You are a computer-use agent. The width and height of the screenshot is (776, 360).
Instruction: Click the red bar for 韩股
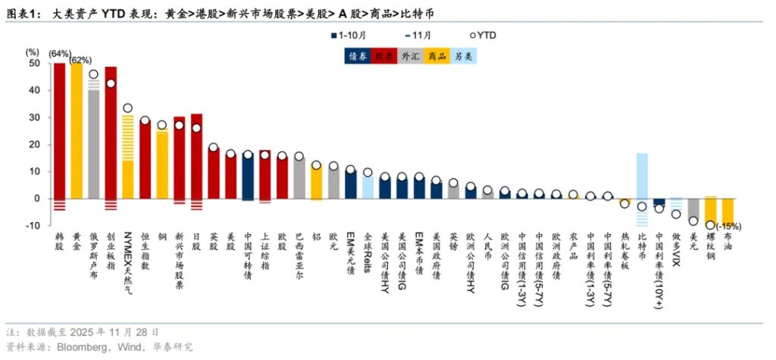(59, 129)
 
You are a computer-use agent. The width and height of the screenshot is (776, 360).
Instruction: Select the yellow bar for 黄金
(77, 129)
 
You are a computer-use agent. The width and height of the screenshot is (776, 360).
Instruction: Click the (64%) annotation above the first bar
(59, 54)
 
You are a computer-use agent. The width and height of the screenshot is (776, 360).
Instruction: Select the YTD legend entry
(482, 35)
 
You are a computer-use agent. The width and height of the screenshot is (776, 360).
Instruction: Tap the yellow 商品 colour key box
(436, 55)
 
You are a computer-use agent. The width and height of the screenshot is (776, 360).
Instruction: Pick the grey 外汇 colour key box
(411, 55)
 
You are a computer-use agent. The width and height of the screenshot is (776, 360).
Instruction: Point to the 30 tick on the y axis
(33, 117)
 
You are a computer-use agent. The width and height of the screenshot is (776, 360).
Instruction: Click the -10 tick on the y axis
(32, 226)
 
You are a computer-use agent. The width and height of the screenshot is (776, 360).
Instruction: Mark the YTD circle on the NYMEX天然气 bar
(128, 108)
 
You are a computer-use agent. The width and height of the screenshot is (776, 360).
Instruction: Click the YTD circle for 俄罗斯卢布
(93, 75)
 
